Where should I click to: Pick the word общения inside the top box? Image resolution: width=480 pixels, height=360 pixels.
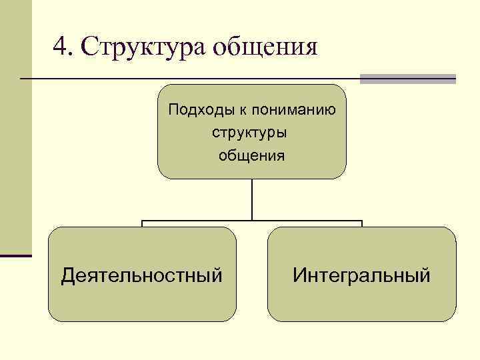[x=251, y=155]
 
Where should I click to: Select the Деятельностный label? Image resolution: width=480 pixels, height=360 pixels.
[x=141, y=275]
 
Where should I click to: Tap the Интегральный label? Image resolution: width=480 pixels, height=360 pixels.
[x=361, y=275]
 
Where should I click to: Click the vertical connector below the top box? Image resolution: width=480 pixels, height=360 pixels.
[x=252, y=199]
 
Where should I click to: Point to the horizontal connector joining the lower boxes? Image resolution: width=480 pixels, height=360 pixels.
[x=252, y=221]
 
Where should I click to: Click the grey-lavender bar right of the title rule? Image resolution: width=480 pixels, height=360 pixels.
[x=407, y=79]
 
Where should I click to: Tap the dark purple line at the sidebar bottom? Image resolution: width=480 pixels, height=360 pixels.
[x=16, y=255]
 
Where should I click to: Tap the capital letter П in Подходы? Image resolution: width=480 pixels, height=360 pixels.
[x=173, y=109]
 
